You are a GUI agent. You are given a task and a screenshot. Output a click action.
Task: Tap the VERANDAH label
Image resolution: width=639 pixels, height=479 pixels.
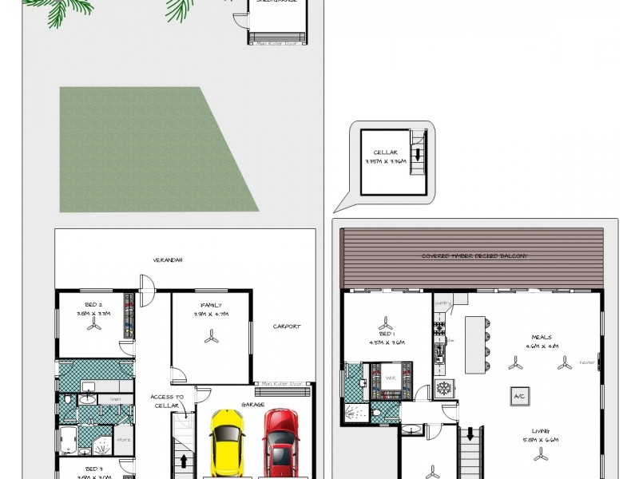[x=169, y=259]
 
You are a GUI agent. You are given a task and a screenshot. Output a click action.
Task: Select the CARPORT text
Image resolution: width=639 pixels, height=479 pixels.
[x=286, y=326]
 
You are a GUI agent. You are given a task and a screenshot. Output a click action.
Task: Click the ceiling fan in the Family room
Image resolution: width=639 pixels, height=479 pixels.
[x=212, y=338]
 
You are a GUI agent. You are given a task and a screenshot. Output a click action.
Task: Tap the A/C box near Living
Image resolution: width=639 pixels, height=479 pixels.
[x=519, y=395]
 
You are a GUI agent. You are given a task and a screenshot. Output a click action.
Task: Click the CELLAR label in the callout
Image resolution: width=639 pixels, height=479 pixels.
[x=386, y=152]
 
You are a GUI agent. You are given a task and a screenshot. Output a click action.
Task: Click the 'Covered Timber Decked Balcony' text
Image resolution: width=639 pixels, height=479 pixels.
[x=474, y=256]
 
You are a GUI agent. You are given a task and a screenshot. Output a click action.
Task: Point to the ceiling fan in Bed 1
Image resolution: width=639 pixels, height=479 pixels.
[x=387, y=324]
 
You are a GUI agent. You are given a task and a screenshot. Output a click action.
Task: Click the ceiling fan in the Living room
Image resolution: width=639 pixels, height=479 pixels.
[x=542, y=453]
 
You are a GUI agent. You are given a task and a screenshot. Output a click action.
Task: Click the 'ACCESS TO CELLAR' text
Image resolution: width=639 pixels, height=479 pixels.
[x=167, y=401]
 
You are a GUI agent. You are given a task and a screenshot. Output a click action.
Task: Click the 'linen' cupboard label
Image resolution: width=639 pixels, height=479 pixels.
[x=116, y=398]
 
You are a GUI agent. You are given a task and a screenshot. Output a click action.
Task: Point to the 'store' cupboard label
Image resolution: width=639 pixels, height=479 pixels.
[x=123, y=437]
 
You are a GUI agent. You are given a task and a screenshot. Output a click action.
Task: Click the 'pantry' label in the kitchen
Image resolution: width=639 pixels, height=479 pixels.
[x=443, y=303]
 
